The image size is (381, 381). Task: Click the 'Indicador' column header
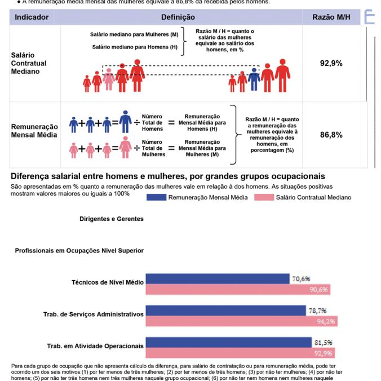(32, 17)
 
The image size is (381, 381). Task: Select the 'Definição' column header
(178, 17)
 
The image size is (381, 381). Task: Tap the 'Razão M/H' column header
(331, 17)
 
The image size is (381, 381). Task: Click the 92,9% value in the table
(331, 64)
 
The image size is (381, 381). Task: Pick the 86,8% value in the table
(331, 135)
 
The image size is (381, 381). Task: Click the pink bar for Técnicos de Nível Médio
(238, 290)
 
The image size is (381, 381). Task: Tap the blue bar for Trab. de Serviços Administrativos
(225, 311)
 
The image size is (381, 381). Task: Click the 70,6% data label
(302, 278)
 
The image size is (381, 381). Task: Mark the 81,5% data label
(323, 342)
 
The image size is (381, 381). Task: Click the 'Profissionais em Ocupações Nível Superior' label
(79, 250)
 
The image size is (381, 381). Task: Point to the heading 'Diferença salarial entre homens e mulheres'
(167, 176)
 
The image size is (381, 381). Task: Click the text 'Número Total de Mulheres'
(154, 148)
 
